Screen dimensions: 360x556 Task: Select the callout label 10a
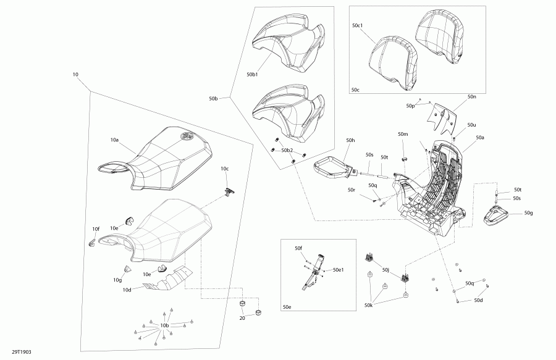[x=114, y=141]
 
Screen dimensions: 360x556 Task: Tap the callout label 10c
[x=225, y=169]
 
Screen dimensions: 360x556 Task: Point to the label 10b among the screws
[x=164, y=325]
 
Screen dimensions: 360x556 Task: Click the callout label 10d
[x=127, y=290]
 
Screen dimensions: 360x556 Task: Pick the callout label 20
[x=242, y=319]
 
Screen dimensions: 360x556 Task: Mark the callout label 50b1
[x=252, y=74]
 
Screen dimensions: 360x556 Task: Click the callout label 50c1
[x=359, y=26]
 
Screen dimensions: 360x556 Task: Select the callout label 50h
[x=350, y=141]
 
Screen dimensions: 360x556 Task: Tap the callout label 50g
[x=528, y=213]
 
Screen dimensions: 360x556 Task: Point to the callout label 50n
[x=471, y=97]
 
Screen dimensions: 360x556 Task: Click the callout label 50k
[x=368, y=305]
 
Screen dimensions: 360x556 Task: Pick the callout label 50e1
[x=339, y=270]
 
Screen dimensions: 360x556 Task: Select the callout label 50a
[x=479, y=138]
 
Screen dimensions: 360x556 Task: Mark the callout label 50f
[x=298, y=248]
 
